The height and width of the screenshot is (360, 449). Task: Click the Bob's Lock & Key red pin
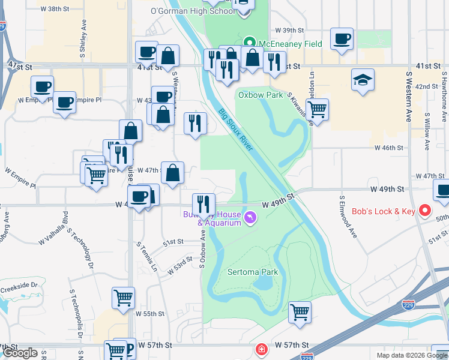(x=426, y=211)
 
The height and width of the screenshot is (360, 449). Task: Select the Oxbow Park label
(x=260, y=95)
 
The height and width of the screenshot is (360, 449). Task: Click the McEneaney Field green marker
(x=250, y=44)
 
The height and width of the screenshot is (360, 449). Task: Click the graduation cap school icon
(x=363, y=80)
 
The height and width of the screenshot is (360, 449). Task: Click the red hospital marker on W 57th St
(x=261, y=349)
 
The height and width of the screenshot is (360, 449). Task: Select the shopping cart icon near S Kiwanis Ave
(x=317, y=109)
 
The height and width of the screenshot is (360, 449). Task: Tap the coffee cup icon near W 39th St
(x=342, y=40)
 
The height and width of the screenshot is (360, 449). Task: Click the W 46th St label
(x=388, y=147)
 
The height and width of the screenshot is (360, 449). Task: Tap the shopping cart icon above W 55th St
(x=123, y=298)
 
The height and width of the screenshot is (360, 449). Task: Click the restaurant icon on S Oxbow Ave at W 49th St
(x=203, y=205)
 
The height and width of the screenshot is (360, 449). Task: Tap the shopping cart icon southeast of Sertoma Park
(x=300, y=311)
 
